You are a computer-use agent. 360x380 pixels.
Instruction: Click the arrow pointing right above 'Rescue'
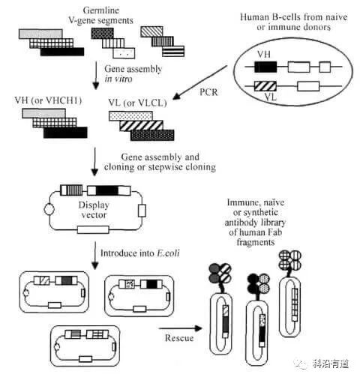[181, 328]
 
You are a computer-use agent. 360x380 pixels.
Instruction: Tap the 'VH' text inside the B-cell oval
[262, 55]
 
